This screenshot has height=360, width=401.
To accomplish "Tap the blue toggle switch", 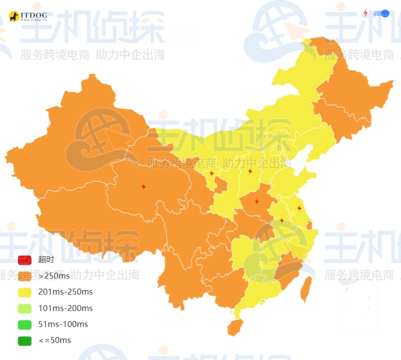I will pos(381,13).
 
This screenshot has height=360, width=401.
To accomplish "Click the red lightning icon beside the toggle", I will pos(365,12).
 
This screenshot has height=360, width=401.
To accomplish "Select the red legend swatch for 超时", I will pos(24,260).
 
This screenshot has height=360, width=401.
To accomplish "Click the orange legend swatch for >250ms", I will pos(24,276).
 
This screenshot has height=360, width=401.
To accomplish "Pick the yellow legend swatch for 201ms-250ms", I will pos(24,292).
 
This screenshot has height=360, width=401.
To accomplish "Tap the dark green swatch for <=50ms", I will pos(24,341).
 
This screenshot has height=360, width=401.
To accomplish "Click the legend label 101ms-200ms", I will pos(65,308).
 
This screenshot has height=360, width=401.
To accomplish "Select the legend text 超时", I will pos(46,260).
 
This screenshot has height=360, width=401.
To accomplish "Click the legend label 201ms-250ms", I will pos(65,292).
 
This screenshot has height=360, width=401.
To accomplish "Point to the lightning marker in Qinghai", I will pos(144,187).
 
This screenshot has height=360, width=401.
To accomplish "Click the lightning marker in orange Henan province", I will pos(257,202).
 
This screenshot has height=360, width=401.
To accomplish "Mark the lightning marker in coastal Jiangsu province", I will pos(299,208).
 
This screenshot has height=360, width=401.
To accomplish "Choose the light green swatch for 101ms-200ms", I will pos(24,308).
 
